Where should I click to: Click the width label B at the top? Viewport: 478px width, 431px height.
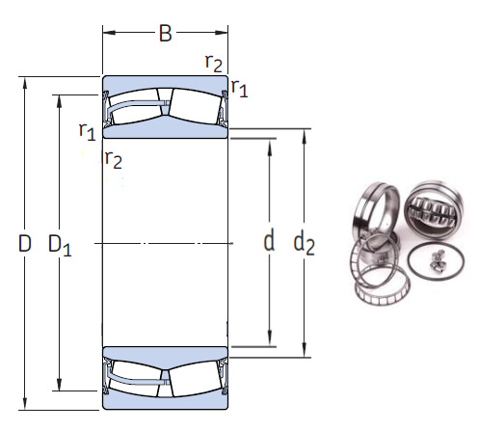tap(165, 35)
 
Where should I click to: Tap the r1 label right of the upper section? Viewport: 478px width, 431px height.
tap(239, 90)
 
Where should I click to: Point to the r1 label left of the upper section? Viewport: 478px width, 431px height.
tap(87, 129)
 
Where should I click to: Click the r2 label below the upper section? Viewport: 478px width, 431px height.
tap(113, 159)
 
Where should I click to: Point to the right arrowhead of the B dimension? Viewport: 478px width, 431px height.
tap(224, 35)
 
